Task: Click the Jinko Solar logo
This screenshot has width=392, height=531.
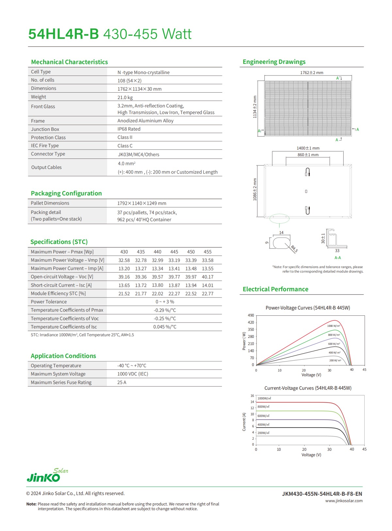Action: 47,476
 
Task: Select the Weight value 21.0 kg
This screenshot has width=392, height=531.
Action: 125,98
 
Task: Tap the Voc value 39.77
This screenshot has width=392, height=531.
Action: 174,277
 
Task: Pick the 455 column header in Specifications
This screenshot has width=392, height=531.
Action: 207,252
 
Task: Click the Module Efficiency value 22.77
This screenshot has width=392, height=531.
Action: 207,294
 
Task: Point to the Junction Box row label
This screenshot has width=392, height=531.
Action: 45,129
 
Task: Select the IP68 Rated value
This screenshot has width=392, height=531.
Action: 129,129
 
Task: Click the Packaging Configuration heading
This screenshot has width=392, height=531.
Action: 66,193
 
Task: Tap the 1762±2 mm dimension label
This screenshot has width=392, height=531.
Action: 312,73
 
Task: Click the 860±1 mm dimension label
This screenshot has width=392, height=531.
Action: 308,155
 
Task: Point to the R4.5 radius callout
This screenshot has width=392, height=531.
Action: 294,249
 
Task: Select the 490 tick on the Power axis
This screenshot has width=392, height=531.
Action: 251,315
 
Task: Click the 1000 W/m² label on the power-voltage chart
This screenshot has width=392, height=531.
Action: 334,326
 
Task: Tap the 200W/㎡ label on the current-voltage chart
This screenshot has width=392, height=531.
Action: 263,433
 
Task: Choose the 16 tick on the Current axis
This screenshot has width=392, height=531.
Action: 252,396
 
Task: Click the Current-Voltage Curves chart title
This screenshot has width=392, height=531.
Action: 308,388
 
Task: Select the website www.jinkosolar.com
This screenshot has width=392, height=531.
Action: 344,501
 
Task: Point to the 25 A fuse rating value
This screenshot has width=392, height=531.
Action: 122,382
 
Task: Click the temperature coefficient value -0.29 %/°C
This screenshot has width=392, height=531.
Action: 165,310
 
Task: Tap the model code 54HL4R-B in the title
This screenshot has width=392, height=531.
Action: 64,34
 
